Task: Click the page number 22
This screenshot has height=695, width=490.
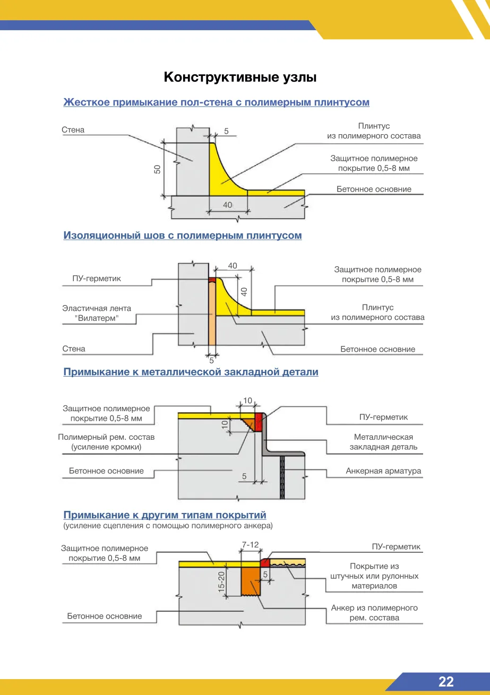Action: (446, 682)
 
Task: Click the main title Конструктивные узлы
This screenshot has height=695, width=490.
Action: (240, 77)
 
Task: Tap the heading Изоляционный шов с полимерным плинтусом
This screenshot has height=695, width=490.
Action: (183, 236)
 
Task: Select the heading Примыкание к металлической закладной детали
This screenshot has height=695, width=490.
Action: (191, 372)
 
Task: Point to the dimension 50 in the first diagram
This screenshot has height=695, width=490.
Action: (158, 169)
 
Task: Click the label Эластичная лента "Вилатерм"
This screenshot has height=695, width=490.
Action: (97, 313)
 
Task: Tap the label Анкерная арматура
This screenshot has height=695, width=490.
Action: (383, 471)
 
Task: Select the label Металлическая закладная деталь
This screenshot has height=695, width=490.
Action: (383, 442)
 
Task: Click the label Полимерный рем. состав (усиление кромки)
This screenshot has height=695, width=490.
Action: (106, 442)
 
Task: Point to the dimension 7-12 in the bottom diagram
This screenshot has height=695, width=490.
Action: (250, 544)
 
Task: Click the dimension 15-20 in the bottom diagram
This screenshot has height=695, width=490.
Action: (221, 582)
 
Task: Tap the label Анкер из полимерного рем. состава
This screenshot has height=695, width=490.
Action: (374, 612)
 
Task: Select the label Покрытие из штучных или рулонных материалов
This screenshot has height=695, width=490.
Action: (374, 576)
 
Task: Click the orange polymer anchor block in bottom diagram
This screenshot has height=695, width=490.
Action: (251, 581)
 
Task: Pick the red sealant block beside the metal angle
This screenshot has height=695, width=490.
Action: (259, 422)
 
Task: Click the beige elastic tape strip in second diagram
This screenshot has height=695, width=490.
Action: (212, 314)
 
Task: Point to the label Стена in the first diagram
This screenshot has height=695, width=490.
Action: (73, 129)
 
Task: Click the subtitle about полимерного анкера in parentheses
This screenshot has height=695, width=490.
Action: (168, 526)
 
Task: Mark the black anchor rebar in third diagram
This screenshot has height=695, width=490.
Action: (282, 477)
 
